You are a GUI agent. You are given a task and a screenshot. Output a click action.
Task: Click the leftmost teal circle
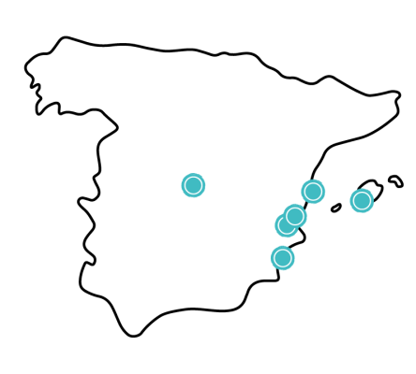193,185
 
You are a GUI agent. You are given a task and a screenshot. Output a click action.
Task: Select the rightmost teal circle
362,201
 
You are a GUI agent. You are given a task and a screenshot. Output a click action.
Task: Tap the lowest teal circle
282,258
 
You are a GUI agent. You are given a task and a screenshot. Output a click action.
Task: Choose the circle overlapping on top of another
295,216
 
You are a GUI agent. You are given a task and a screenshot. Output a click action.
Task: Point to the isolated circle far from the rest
193,185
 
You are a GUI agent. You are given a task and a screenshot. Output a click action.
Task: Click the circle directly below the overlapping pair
282,258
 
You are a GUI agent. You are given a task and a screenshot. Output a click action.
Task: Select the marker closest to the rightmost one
313,192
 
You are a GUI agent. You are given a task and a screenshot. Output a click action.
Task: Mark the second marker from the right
313,192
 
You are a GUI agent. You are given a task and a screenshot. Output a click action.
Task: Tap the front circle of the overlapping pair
295,216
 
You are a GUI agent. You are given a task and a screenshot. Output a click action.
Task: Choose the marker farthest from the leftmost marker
362,201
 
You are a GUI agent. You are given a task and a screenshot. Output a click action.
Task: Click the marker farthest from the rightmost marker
193,185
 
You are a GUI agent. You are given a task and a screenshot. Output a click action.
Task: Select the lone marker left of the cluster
193,185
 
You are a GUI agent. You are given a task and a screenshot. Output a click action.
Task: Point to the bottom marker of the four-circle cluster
282,258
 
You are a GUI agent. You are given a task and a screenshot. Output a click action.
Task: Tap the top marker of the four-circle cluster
313,192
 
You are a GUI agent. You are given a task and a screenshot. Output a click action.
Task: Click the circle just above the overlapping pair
313,192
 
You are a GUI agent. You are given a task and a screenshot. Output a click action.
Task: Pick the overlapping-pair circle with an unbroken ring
295,216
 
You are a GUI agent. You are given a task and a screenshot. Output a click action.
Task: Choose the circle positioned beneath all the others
282,258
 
